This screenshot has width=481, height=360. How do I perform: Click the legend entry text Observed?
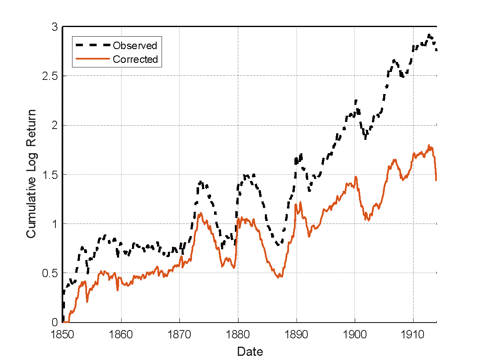tap(135, 45)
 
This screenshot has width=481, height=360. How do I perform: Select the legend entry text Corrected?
tap(135, 59)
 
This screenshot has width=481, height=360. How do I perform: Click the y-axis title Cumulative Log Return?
tap(31, 174)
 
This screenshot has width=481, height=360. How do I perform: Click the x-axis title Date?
tap(250, 352)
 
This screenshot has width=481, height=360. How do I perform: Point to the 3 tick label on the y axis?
tap(55, 27)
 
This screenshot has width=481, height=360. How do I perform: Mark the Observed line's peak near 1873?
tap(201, 181)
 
